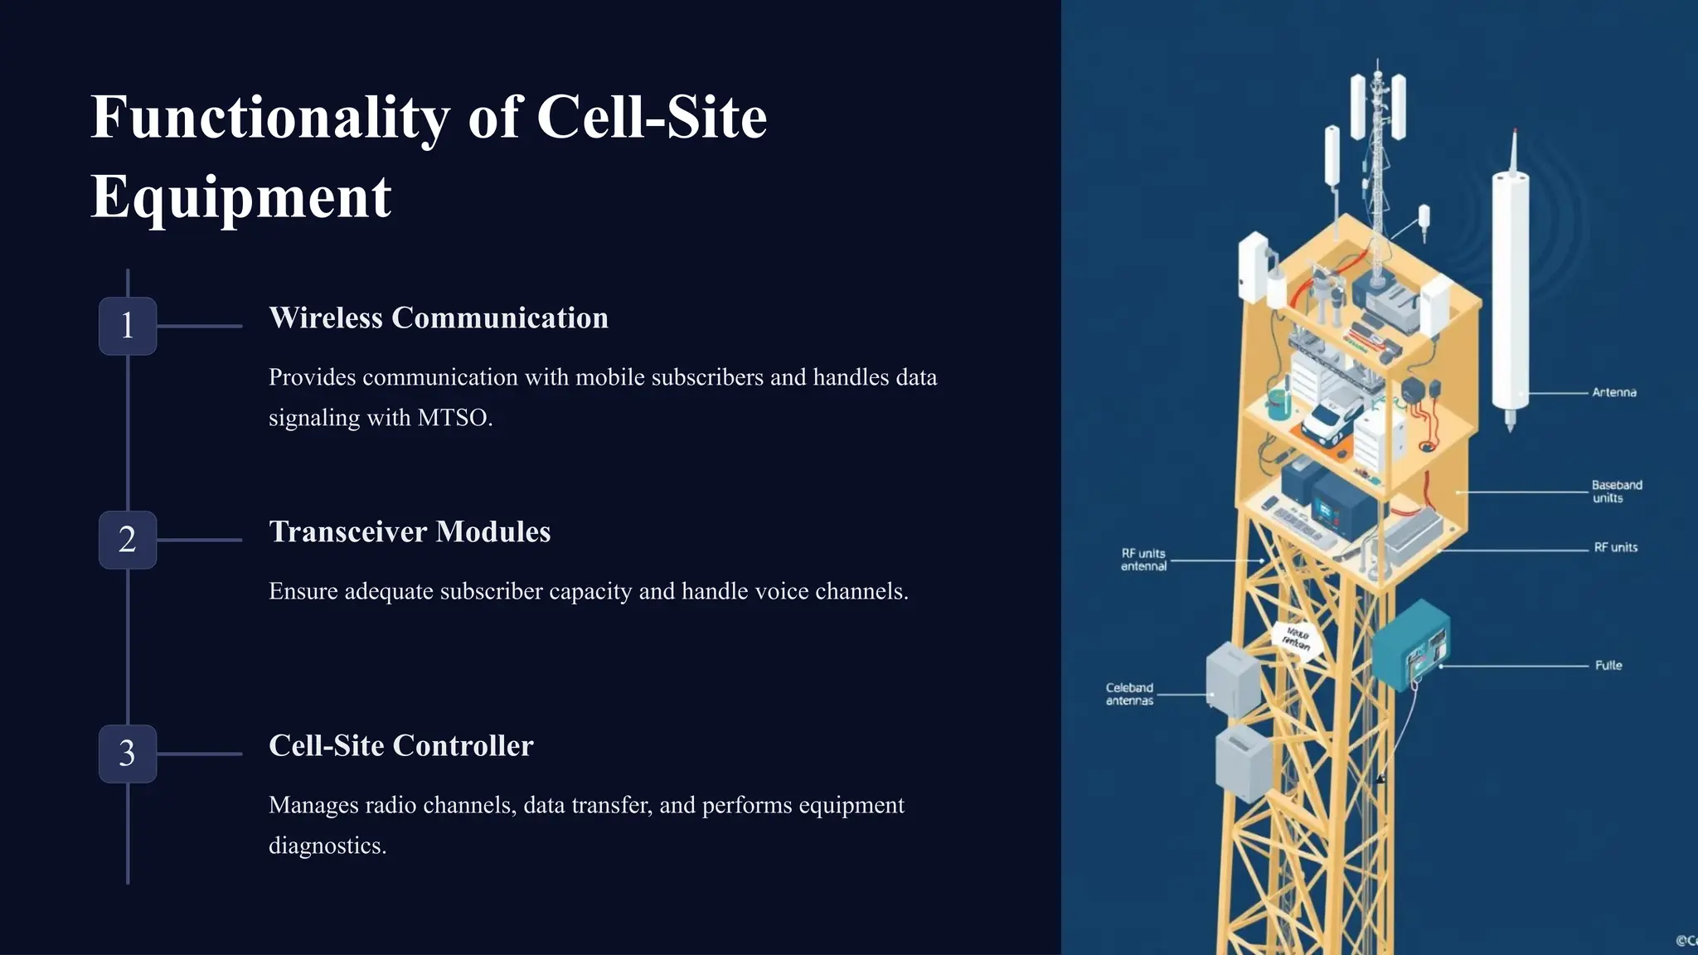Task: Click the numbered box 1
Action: tap(128, 326)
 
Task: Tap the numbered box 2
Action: tap(128, 540)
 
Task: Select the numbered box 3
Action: tap(128, 754)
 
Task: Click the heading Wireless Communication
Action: tap(439, 318)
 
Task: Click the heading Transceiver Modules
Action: tap(410, 532)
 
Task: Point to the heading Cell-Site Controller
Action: tap(401, 746)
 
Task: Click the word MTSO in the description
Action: tap(453, 418)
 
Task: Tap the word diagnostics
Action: tap(327, 846)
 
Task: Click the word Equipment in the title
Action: tap(240, 197)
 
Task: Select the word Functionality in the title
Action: tap(269, 118)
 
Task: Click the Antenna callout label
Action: tap(1613, 393)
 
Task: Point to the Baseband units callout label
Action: tap(1616, 492)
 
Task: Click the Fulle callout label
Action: tap(1608, 666)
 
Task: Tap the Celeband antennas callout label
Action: tap(1129, 695)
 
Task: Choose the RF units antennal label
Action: tap(1143, 560)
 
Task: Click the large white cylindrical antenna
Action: tap(1510, 290)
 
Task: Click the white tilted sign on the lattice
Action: tap(1295, 639)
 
